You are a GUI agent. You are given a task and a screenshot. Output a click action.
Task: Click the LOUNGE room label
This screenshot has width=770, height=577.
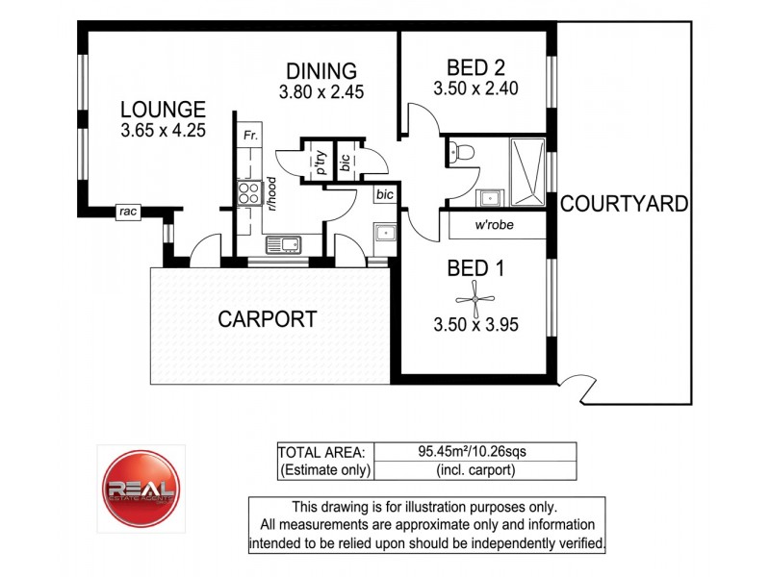coord(163,109)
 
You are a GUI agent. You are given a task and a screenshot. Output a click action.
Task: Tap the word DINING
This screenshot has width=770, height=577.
coord(321,71)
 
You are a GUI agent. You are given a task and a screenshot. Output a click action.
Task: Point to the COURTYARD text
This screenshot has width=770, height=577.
coord(624,204)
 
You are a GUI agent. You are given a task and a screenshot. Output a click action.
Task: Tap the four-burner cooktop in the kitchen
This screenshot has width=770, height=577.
coord(249,192)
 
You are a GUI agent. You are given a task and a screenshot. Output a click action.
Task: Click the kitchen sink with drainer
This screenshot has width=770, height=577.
coord(287,244)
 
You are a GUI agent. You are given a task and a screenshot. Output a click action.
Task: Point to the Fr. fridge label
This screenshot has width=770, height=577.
coord(249,135)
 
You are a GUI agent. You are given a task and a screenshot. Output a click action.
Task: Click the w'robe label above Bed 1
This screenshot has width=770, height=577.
coord(492,227)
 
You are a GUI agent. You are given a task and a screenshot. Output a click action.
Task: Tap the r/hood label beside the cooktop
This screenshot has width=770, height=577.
coord(272,193)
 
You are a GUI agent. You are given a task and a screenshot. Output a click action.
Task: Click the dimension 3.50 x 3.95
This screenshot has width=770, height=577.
coord(475,325)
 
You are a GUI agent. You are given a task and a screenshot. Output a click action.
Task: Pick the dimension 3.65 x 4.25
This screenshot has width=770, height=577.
coord(163,131)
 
